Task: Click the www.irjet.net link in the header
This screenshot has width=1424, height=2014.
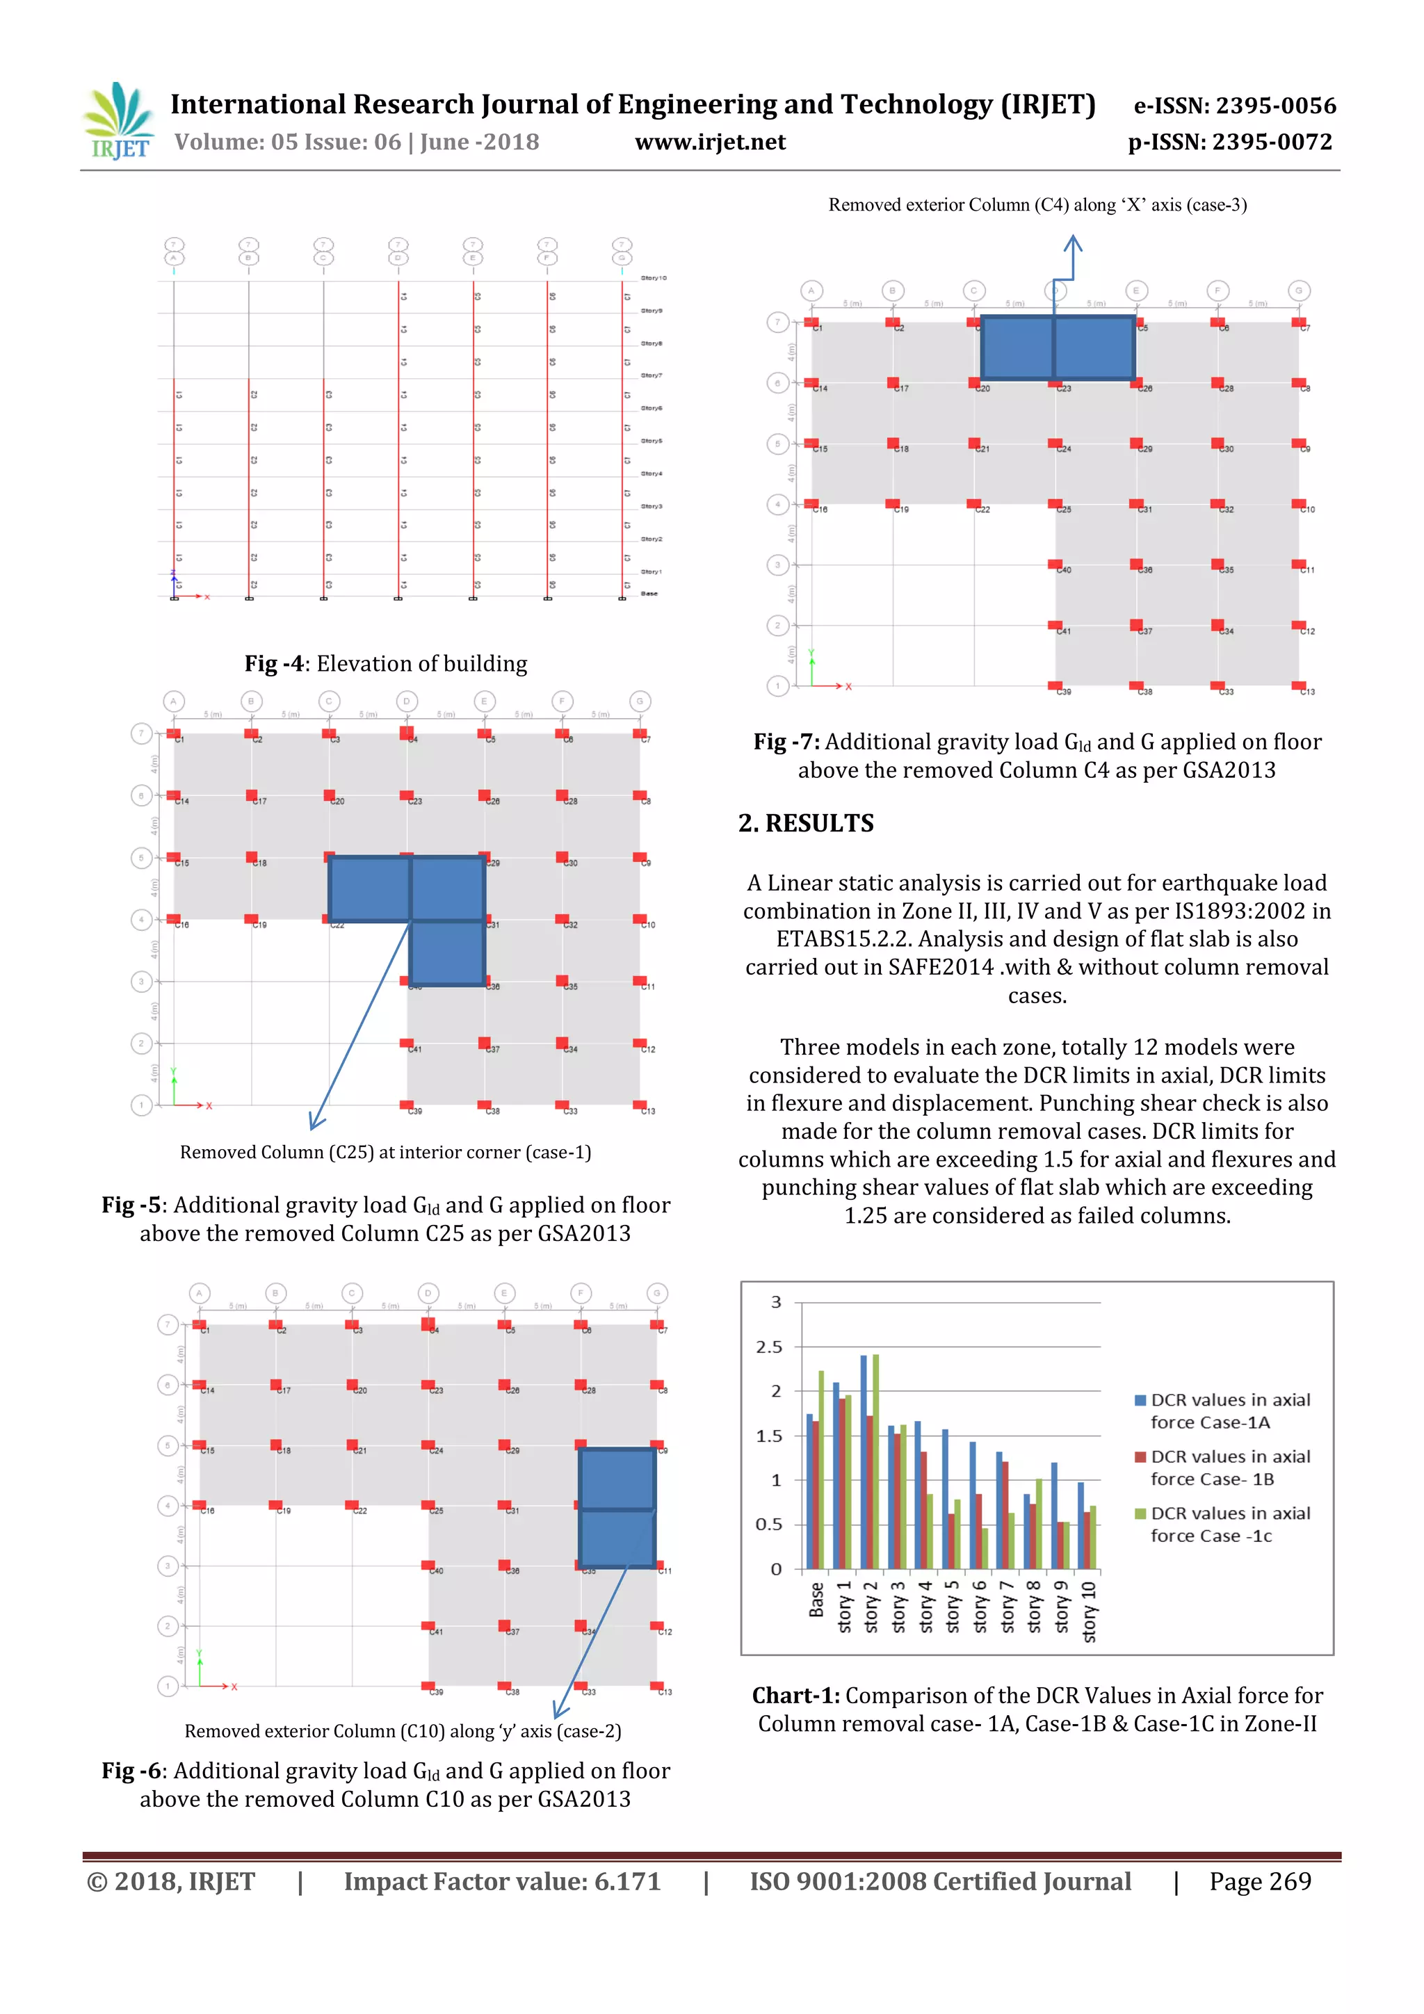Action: pyautogui.click(x=710, y=142)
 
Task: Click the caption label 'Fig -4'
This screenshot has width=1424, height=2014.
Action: pyautogui.click(x=273, y=664)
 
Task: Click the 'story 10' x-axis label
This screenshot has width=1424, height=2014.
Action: pyautogui.click(x=1088, y=1611)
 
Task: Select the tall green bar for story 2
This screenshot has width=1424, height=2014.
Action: pyautogui.click(x=875, y=1461)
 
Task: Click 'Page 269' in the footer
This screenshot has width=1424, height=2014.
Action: pyautogui.click(x=1259, y=1881)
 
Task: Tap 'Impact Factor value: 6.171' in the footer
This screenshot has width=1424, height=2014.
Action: pyautogui.click(x=502, y=1881)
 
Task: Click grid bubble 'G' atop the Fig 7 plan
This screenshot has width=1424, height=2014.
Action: pyautogui.click(x=1299, y=291)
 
